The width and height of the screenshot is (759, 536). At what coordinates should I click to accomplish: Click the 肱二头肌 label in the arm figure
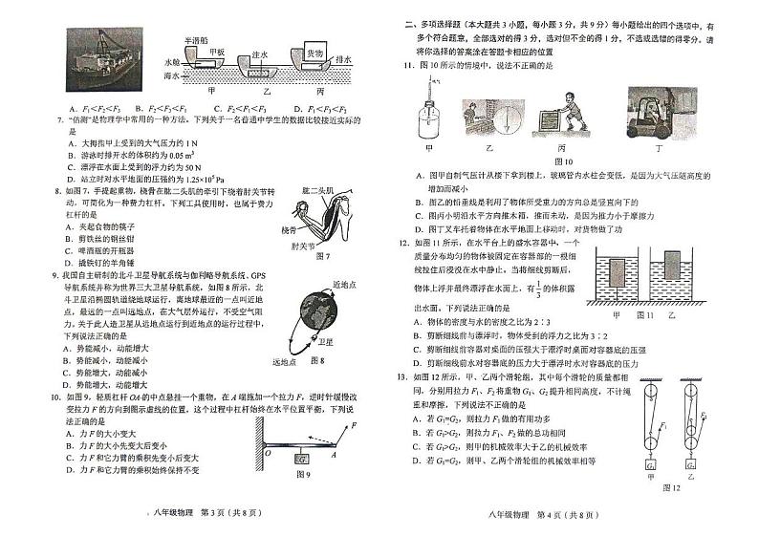pyautogui.click(x=324, y=191)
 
